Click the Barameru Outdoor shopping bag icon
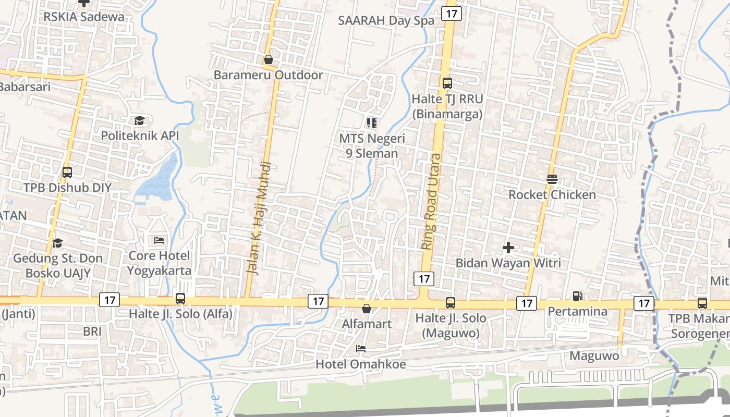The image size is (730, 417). pos(269,60)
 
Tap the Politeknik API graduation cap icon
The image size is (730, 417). pos(139,121)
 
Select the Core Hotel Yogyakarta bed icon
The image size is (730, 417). pos(159,240)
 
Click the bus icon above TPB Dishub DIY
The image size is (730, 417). pos(67,172)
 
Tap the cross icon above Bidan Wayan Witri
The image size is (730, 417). pos(508,248)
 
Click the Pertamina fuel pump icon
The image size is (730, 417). pos(577,296)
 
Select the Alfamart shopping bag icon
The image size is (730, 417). pos(367,309)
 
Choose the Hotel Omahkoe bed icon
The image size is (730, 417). pos(360,348)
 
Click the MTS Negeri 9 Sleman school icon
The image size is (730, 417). pos(372,123)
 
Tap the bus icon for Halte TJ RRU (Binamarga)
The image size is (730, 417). pos(447,83)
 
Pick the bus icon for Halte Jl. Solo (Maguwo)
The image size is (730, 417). pos(451,302)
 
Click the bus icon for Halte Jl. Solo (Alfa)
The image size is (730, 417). pos(180,299)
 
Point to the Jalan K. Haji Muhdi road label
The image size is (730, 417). pos(259,218)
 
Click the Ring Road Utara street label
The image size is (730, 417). pos(431,201)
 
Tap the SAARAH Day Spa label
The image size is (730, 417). pos(386,21)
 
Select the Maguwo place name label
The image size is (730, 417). pos(594,356)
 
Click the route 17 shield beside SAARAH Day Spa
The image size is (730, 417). pos(451,14)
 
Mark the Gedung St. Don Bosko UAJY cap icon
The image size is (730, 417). pos(57,243)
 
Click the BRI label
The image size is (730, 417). pos(92,331)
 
